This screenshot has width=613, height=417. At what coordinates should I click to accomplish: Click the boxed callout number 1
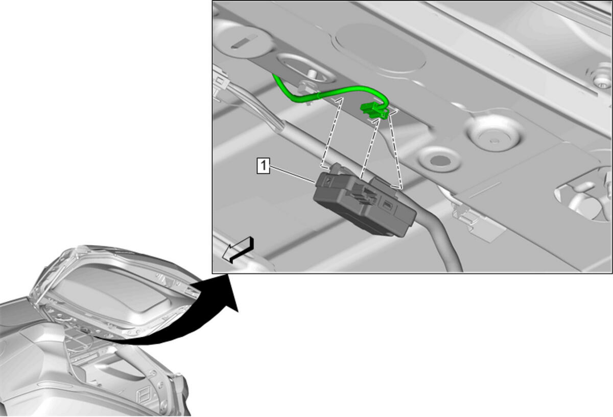pos(263,166)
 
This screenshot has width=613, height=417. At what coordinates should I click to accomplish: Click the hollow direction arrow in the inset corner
pos(238,250)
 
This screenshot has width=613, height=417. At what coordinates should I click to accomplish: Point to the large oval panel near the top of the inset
pos(381,48)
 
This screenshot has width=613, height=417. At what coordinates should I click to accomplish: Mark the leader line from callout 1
pos(292,174)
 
